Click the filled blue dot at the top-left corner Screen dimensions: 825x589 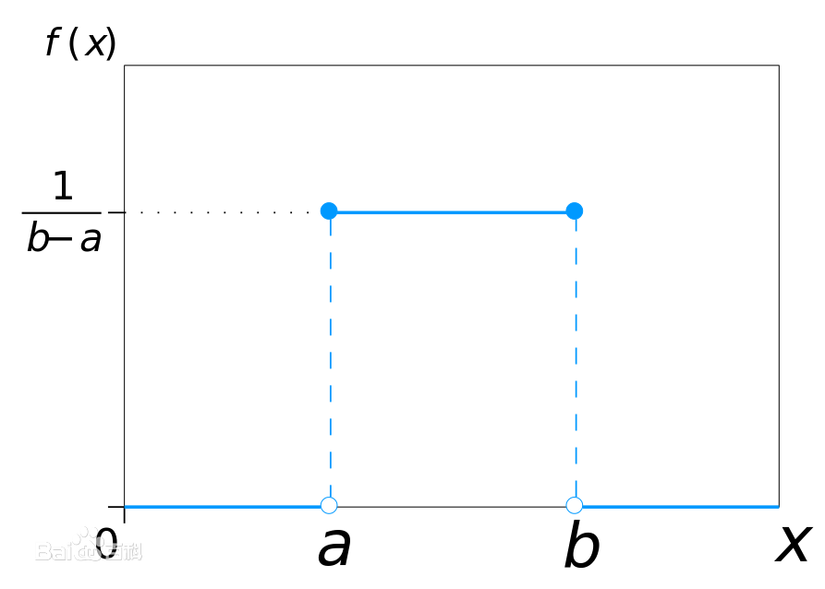(329, 210)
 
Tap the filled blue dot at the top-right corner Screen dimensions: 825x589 (574, 210)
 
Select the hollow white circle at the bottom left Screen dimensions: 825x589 (329, 505)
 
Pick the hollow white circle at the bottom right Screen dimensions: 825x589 (574, 505)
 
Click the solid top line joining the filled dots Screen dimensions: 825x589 (451, 212)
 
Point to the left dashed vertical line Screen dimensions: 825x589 (330, 360)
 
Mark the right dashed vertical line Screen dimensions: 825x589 (576, 360)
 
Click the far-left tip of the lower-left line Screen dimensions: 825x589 (127, 506)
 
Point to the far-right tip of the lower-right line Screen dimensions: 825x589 (778, 506)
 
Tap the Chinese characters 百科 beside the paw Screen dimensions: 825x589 (124, 552)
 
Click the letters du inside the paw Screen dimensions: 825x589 (89, 552)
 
